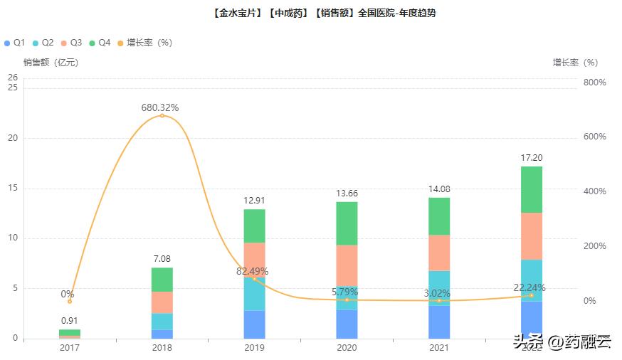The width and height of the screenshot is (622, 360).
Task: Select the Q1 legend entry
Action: click(15, 43)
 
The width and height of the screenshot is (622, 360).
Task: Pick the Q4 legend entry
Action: click(100, 43)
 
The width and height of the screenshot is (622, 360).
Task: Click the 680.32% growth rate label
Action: click(160, 107)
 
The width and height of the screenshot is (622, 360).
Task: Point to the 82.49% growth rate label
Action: click(253, 271)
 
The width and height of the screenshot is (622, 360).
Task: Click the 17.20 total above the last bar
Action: click(532, 157)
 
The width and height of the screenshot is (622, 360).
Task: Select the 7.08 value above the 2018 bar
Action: click(162, 259)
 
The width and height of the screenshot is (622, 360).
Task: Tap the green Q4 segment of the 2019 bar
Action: click(254, 226)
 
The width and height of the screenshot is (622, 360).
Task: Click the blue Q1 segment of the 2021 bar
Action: click(439, 322)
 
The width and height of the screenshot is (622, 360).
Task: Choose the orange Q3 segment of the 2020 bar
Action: click(347, 265)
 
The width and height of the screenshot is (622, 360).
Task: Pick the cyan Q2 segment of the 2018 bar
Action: click(162, 322)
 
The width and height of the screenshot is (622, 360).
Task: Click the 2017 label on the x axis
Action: click(69, 348)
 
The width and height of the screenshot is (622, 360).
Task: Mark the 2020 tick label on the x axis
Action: click(347, 348)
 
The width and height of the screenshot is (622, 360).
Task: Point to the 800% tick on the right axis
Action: click(594, 83)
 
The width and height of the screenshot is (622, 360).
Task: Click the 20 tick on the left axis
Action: click(12, 138)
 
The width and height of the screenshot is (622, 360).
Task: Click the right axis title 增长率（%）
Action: click(575, 63)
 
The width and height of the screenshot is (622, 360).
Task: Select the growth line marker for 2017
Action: click(69, 302)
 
